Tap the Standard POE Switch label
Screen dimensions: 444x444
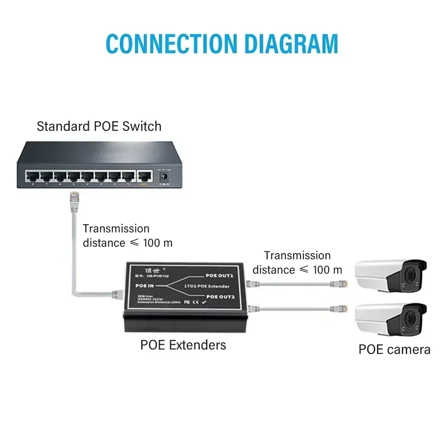pos(99,126)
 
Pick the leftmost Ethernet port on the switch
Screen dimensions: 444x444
pos(32,177)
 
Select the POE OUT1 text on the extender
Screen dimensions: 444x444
pos(219,276)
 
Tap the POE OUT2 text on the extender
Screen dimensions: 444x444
pos(219,296)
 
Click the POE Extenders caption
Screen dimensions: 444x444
pos(183,345)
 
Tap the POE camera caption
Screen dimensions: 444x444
pos(394,349)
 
